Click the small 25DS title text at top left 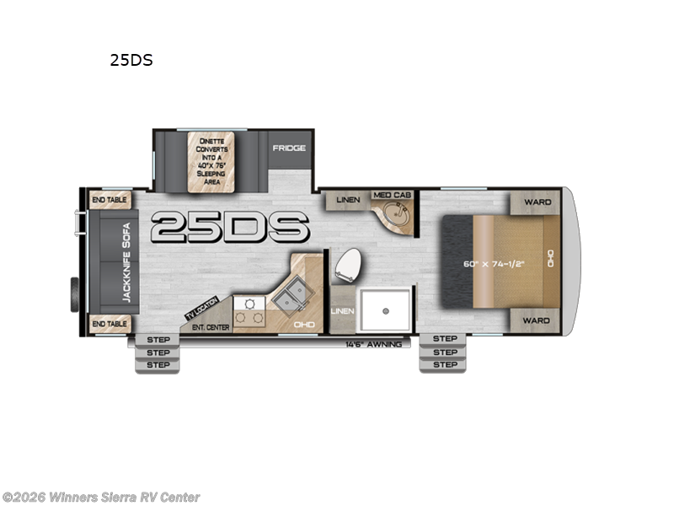(131, 60)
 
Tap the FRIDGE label (288, 148)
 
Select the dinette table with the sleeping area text (211, 161)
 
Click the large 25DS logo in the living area (230, 226)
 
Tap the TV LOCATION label (201, 309)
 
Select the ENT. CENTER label (210, 327)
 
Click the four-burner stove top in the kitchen (249, 310)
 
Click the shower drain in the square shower (385, 311)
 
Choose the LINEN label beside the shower (341, 311)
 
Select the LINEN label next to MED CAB (348, 200)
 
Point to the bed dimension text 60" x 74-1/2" (495, 263)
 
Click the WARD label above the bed (536, 202)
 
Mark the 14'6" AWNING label (377, 344)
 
